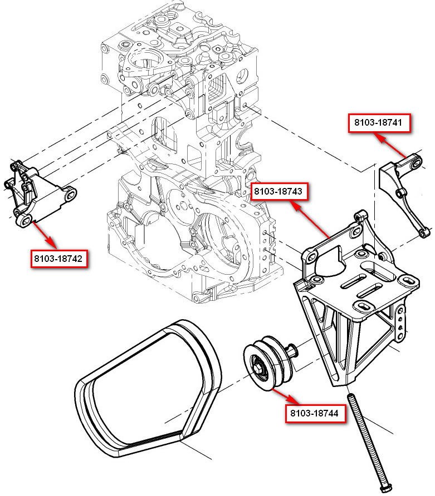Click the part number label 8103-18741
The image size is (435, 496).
[x=380, y=123]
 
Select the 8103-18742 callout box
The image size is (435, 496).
[x=58, y=259]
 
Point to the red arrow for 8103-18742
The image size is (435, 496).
[x=45, y=235]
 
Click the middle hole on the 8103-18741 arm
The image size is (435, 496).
[x=398, y=192]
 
